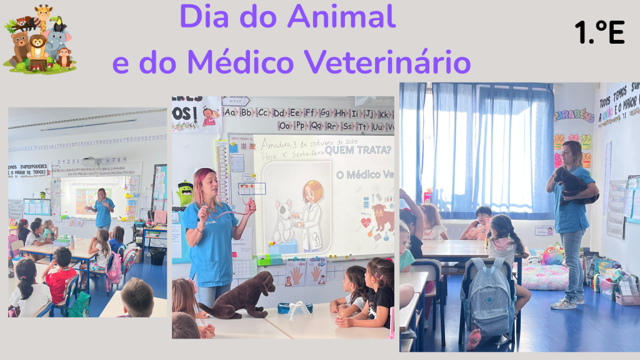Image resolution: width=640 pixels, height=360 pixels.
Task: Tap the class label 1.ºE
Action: point(599,32)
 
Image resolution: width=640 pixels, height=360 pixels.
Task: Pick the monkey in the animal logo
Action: point(64,57)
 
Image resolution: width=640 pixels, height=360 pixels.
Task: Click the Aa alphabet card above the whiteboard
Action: point(230,113)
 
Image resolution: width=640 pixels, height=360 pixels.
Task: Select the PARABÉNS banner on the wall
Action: point(574,116)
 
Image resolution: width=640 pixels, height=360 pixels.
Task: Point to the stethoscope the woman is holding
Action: point(231,209)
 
